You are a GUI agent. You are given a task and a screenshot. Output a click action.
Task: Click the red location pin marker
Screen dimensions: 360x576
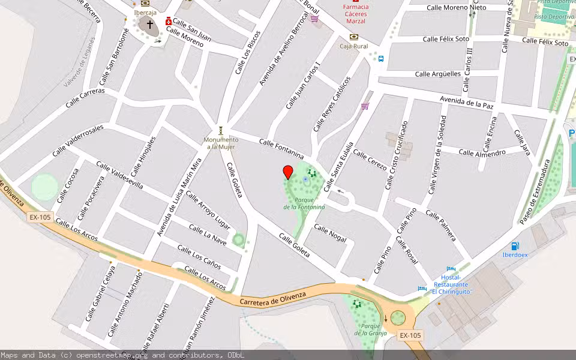[288, 172]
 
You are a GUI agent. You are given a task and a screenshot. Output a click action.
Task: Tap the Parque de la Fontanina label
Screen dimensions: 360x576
[304, 203]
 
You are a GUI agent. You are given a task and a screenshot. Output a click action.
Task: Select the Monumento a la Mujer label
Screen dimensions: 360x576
[221, 143]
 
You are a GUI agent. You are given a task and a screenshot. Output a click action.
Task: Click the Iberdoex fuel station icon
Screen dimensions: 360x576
[515, 245]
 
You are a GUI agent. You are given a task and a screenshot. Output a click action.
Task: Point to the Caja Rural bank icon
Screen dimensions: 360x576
[353, 37]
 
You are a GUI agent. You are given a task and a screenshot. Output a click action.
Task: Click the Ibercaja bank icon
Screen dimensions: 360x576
[145, 4]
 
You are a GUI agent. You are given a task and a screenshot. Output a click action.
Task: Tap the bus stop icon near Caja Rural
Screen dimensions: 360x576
[380, 59]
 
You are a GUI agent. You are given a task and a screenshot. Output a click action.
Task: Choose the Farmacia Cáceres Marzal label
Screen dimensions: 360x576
[356, 14]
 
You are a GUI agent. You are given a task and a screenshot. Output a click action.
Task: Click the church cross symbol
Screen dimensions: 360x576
[148, 25]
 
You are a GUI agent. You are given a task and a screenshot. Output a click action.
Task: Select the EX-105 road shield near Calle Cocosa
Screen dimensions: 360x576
[40, 217]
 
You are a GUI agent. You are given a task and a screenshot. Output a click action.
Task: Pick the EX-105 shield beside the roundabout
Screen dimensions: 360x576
[410, 335]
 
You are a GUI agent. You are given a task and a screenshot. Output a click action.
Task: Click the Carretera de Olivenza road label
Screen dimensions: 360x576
[272, 298]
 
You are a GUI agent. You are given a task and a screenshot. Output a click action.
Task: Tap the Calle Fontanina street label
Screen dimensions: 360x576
[281, 146]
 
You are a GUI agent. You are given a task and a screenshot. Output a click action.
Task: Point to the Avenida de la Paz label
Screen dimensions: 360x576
[466, 102]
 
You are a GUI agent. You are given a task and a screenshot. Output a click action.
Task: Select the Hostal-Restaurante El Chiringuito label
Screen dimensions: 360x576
[452, 284]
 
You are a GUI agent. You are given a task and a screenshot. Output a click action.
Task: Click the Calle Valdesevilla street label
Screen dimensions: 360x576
[119, 175]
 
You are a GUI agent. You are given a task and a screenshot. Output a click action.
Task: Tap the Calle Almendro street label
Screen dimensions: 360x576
[482, 152]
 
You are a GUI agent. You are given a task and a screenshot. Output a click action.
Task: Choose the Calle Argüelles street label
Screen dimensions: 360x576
[438, 74]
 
